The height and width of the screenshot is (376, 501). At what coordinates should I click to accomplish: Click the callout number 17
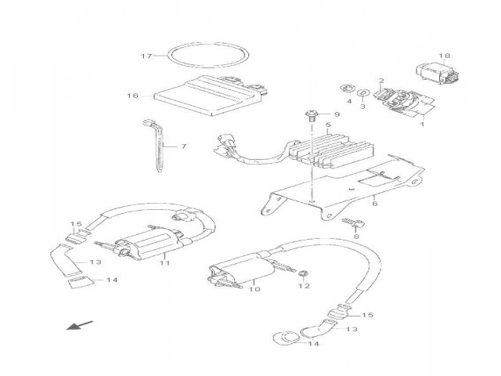point(146,56)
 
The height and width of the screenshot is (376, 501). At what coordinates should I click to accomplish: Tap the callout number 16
point(132,96)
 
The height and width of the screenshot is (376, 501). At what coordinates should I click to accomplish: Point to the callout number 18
point(444,56)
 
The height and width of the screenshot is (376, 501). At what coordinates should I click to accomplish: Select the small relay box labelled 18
point(438,73)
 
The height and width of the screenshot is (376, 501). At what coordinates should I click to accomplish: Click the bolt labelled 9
point(312,116)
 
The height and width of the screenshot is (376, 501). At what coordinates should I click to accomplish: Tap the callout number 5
point(328,125)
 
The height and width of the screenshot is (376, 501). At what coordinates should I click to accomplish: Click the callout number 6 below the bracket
point(375,203)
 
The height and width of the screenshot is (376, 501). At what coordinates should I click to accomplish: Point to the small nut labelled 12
point(303,273)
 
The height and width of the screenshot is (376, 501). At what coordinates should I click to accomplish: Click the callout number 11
point(164,263)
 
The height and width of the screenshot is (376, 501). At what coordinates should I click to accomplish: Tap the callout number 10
point(254,289)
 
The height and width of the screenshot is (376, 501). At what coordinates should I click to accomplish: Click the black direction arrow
point(79,325)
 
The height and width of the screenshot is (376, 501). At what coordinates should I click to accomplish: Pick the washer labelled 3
point(362,92)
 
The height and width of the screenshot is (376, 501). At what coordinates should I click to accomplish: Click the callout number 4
point(349,101)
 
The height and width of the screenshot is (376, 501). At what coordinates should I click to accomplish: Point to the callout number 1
point(422,124)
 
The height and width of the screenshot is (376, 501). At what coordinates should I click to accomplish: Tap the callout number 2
point(381,81)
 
